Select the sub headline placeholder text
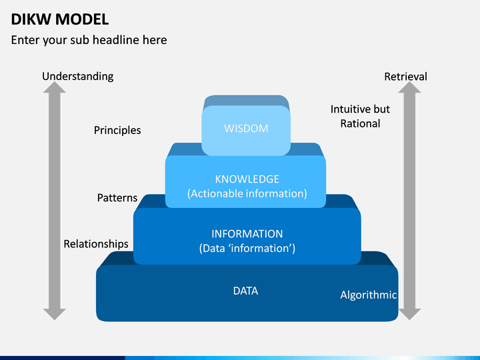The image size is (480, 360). click(x=89, y=40)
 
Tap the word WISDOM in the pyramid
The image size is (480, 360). click(x=246, y=128)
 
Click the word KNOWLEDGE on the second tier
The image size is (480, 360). click(x=247, y=179)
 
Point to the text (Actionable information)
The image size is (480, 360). click(x=247, y=193)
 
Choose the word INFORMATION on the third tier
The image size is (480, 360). click(x=247, y=234)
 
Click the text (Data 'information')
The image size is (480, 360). click(x=247, y=248)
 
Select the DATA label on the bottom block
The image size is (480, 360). click(x=245, y=291)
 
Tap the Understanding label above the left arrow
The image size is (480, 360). click(x=77, y=76)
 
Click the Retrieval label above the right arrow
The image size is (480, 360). click(x=405, y=77)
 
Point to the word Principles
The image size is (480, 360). click(x=117, y=130)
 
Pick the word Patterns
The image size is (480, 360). click(x=117, y=198)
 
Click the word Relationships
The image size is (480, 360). click(x=96, y=244)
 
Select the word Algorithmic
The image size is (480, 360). click(x=369, y=295)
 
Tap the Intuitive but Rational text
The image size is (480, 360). click(x=360, y=116)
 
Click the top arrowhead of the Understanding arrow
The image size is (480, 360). click(x=55, y=87)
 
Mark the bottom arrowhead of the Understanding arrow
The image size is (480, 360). click(x=55, y=313)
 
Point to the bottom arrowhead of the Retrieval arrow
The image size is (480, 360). click(x=410, y=313)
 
